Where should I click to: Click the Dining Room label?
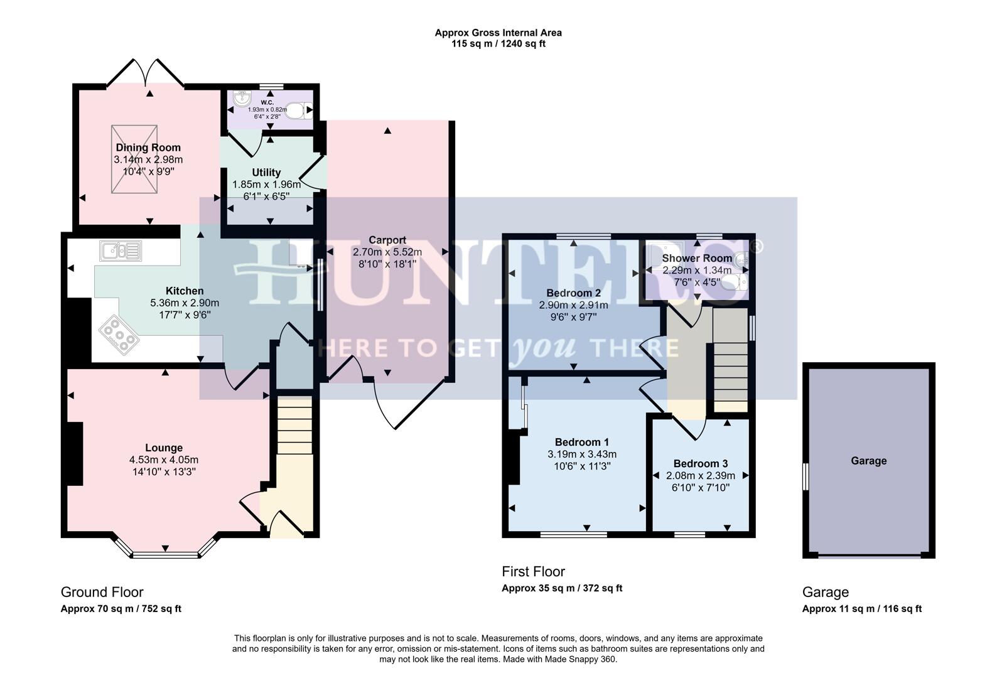pos(148,148)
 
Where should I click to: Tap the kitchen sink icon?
pos(120,250)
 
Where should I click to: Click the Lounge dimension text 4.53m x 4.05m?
pos(164,460)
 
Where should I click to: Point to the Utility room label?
pos(266,173)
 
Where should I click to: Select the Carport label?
pos(387,240)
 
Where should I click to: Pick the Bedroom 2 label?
pos(573,293)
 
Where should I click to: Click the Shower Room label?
pos(697,258)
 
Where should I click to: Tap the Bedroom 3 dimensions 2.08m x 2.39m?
pos(700,476)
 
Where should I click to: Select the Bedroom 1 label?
pos(581,442)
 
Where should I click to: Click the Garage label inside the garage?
pos(868,461)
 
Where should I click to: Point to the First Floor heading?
pos(533,572)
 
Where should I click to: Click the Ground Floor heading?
pos(102,592)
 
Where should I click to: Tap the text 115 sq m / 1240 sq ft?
pos(498,44)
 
